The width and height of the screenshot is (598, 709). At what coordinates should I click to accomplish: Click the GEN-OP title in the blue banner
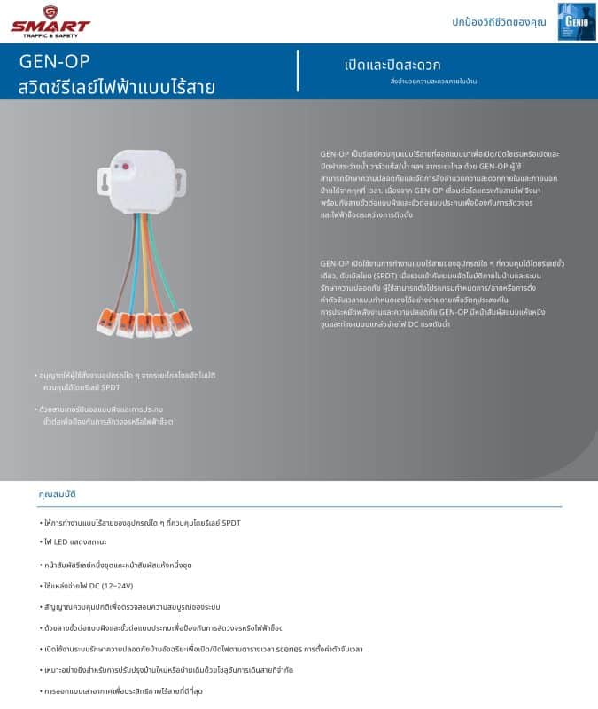pyautogui.click(x=54, y=62)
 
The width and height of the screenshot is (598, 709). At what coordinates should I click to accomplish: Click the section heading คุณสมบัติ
pyautogui.click(x=58, y=494)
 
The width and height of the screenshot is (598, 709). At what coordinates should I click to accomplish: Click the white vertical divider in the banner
pyautogui.click(x=298, y=71)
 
